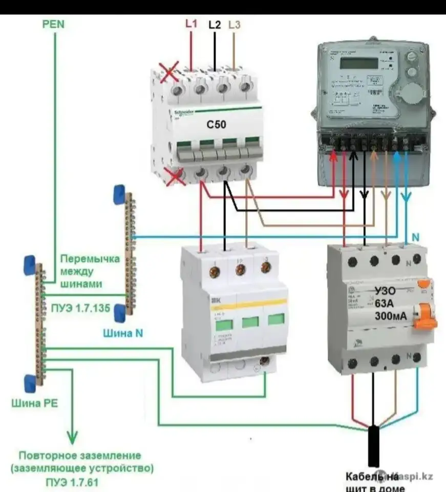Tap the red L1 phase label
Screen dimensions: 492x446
[x=191, y=24]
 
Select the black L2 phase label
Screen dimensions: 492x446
[x=215, y=24]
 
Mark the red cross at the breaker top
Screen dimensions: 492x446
[x=169, y=72]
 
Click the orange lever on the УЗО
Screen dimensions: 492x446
[x=426, y=316]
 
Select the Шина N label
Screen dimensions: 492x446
[x=123, y=333]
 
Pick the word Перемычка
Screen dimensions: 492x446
[x=89, y=259]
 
